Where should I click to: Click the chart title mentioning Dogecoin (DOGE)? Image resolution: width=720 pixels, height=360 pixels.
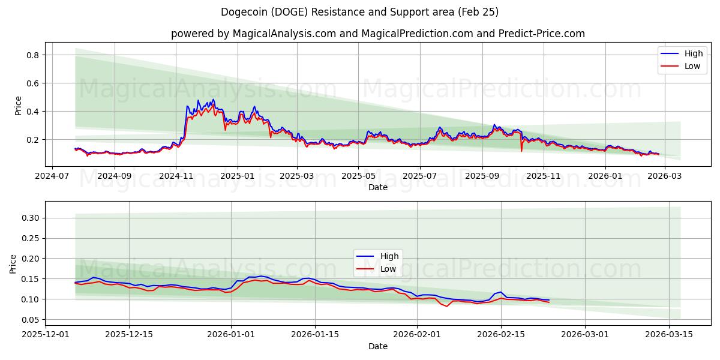coord(359,12)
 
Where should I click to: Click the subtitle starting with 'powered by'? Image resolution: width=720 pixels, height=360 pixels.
coord(377,34)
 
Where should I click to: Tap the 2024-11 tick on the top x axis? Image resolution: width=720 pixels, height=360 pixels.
coord(176,176)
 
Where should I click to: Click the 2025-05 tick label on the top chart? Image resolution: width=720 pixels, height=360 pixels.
coord(358,176)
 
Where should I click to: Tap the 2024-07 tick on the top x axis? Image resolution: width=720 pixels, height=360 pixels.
coord(52,176)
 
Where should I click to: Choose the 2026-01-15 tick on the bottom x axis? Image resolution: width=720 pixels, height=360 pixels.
coord(315,334)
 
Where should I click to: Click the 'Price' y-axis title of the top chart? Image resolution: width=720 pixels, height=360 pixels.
coord(18,105)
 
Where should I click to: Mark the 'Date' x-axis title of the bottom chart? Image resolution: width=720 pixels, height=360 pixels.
coord(377,346)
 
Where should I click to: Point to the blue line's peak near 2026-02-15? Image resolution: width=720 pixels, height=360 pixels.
coord(501,292)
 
